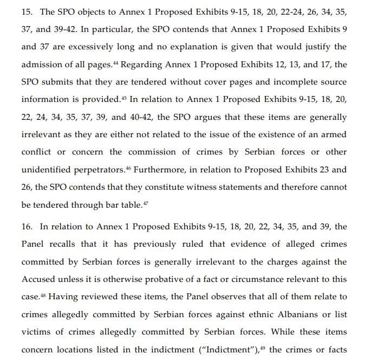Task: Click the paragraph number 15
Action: tap(27, 11)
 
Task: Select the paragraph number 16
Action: tap(27, 227)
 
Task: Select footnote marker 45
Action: tap(123, 98)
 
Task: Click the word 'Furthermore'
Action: tap(161, 170)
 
